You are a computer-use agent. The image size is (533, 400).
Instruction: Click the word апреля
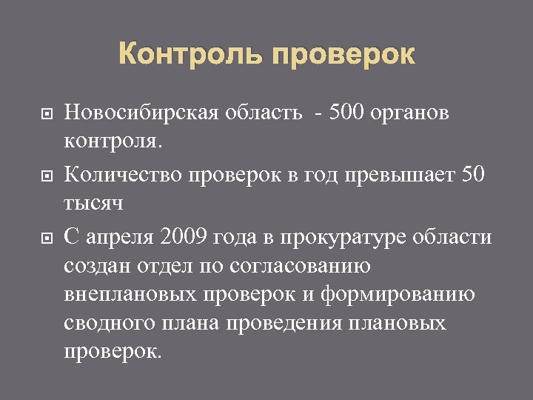click(x=121, y=238)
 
